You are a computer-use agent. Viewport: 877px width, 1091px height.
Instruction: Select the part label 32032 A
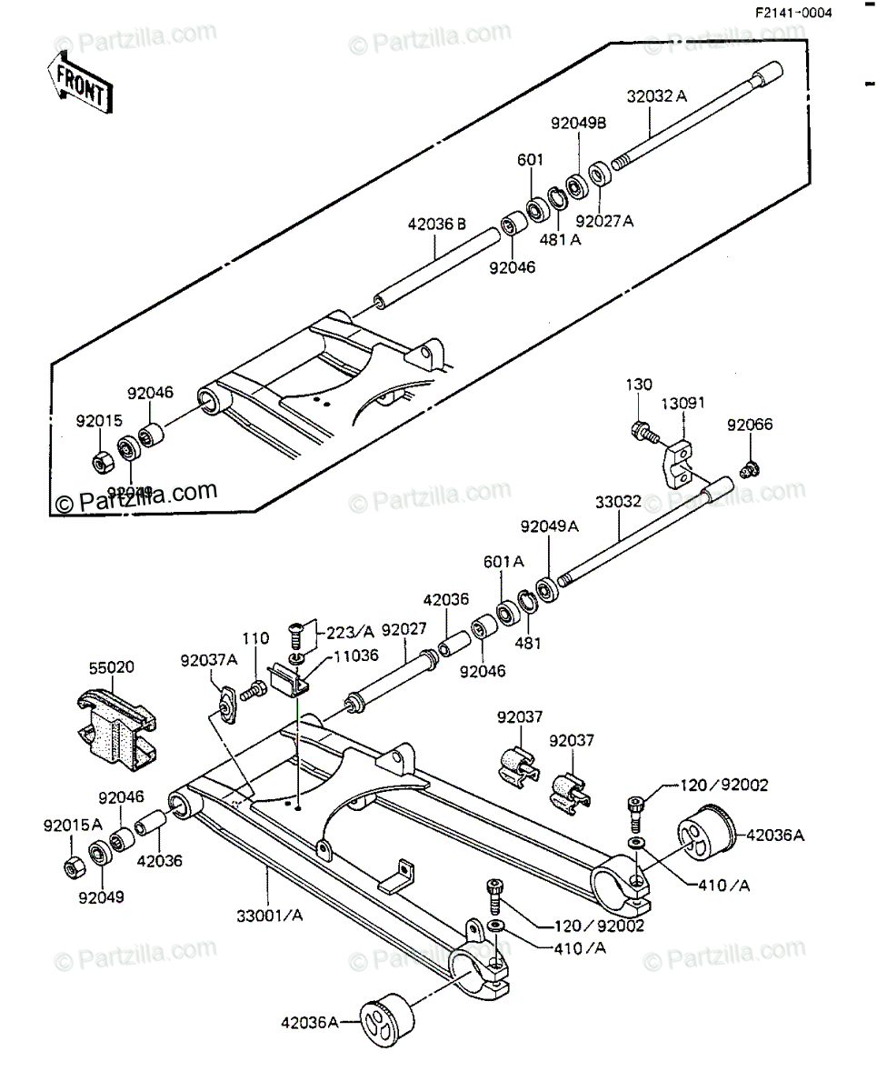click(x=656, y=95)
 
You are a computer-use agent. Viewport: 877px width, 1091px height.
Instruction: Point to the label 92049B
click(x=578, y=122)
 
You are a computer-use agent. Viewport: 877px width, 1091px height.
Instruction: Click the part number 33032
click(x=620, y=501)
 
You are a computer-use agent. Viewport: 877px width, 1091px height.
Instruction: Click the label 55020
click(x=111, y=666)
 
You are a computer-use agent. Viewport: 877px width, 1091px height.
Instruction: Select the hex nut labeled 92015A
click(x=72, y=866)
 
